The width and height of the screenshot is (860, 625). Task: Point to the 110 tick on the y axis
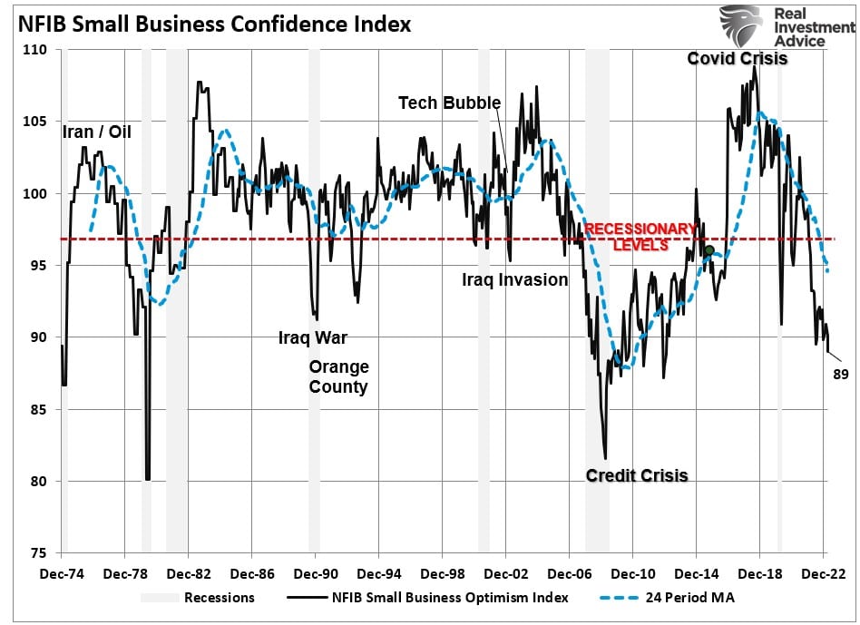click(39, 50)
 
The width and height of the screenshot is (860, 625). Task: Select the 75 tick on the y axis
click(43, 553)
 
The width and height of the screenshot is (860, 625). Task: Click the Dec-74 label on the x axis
click(63, 573)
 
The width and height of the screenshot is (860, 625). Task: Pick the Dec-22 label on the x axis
click(824, 573)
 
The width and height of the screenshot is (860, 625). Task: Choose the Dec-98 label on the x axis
click(443, 573)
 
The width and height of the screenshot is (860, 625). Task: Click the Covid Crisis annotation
click(737, 59)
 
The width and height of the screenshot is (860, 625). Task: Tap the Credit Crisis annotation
click(636, 475)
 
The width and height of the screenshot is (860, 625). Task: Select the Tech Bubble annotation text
click(449, 103)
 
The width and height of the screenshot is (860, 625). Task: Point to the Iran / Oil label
click(97, 132)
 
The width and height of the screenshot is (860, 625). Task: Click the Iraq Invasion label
click(514, 279)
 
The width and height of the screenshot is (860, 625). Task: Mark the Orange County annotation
click(338, 377)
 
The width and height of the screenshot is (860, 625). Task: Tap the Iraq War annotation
click(312, 339)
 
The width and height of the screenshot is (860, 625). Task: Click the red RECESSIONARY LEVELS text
click(640, 237)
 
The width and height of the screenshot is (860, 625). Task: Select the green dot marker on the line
click(709, 250)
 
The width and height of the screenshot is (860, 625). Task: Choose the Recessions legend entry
click(198, 597)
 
